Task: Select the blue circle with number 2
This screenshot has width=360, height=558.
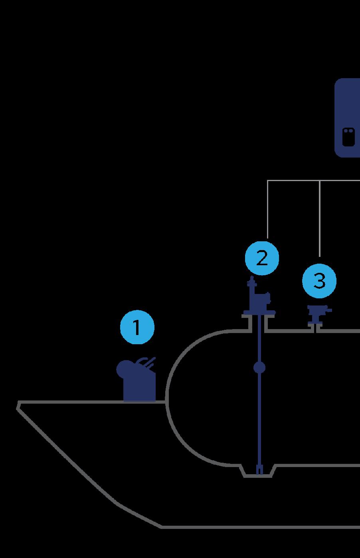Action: tap(262, 258)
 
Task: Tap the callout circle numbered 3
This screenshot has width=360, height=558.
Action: tap(319, 281)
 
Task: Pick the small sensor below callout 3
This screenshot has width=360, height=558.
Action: tap(318, 313)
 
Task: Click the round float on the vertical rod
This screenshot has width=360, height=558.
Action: tap(259, 367)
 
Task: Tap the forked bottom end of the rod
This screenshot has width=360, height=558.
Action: tap(259, 470)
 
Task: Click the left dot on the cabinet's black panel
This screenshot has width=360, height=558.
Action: tap(346, 130)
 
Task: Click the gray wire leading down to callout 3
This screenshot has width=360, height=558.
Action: tap(320, 219)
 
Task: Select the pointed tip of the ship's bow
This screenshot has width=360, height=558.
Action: tap(18, 406)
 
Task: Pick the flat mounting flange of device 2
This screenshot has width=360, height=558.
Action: tap(259, 315)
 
